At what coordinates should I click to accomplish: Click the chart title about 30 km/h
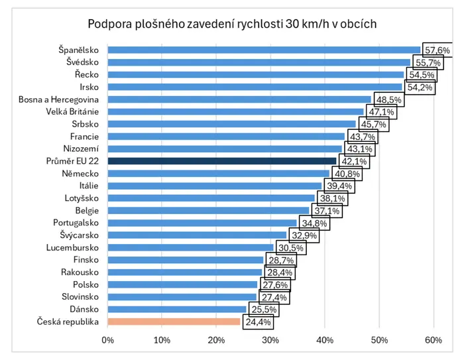pos(232,24)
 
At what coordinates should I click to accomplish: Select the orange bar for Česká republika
pos(174,322)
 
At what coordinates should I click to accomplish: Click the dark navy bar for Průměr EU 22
pos(222,161)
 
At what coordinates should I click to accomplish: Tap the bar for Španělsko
pos(264,50)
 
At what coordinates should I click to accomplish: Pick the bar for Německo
pos(218,174)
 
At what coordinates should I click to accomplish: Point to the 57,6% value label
pos(437,50)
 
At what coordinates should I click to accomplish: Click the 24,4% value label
pos(258,322)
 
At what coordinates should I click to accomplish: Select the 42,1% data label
pos(354,161)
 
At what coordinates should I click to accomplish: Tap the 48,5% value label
pos(389,99)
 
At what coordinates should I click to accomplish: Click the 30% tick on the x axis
pos(270,340)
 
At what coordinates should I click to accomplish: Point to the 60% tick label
pos(434,340)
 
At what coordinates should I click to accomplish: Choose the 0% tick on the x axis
pos(107,340)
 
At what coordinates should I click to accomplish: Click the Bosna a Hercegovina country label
pos(58,99)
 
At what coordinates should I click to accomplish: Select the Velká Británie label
pos(72,111)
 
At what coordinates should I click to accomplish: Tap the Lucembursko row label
pos(72,247)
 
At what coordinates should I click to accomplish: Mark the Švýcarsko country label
pos(80,235)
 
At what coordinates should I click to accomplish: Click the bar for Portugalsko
pos(202,223)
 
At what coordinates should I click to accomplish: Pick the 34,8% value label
pos(314,223)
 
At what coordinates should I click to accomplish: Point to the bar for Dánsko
pos(177,310)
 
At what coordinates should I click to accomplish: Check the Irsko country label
pos(89,87)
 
